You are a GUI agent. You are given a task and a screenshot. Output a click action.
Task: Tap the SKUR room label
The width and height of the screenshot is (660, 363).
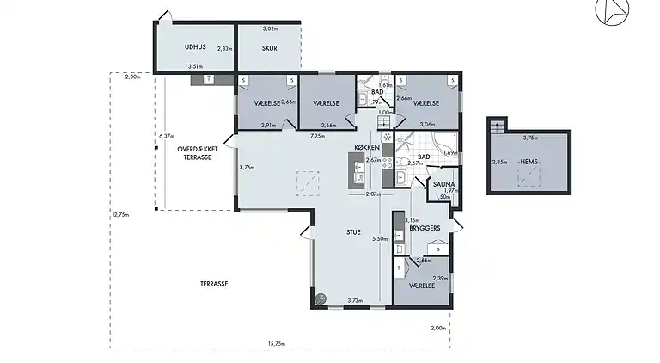271,48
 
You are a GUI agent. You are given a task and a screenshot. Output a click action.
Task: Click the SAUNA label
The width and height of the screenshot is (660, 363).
443,183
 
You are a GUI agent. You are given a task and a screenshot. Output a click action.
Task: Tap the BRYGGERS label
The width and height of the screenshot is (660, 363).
426,229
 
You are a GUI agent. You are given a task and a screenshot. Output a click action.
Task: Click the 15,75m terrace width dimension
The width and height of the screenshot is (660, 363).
276,343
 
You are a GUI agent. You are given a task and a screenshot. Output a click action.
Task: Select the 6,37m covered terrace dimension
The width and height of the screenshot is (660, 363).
167,136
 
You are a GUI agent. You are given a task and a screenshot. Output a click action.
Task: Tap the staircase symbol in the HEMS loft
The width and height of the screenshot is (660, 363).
495,126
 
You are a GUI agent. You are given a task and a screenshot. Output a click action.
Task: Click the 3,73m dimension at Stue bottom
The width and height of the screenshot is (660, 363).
354,300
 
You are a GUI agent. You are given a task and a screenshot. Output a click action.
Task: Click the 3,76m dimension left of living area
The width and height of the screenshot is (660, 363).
247,167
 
